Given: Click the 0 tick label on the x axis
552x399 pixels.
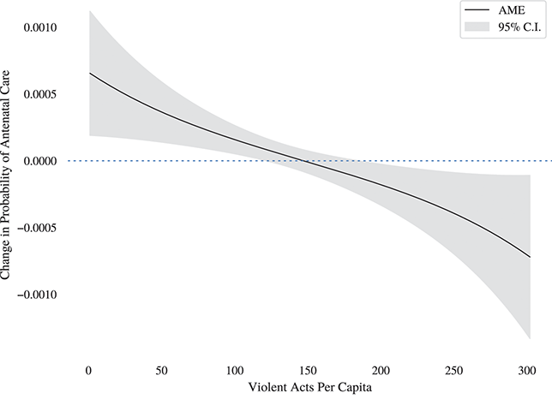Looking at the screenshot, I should point(88,369).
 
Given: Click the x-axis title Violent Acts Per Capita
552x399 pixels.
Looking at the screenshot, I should point(309,388).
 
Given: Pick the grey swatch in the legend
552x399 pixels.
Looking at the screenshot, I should point(476,27).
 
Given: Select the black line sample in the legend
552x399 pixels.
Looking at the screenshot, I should point(476,10).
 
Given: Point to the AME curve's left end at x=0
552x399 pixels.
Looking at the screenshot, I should point(89,74).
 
